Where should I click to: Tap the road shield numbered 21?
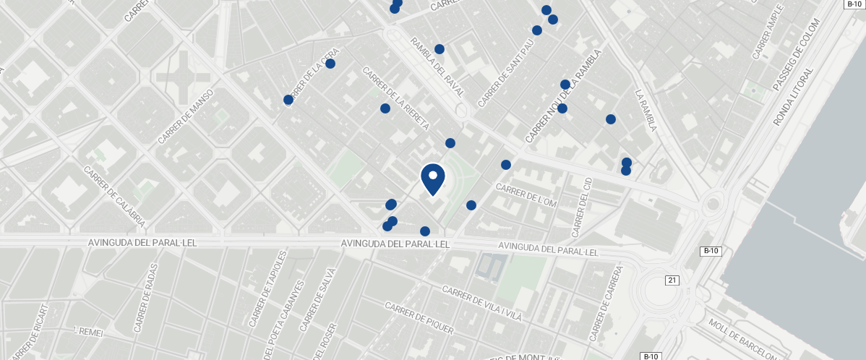click(x=673, y=280)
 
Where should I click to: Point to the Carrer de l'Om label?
click(x=526, y=194)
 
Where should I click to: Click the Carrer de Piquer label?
click(x=419, y=318)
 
